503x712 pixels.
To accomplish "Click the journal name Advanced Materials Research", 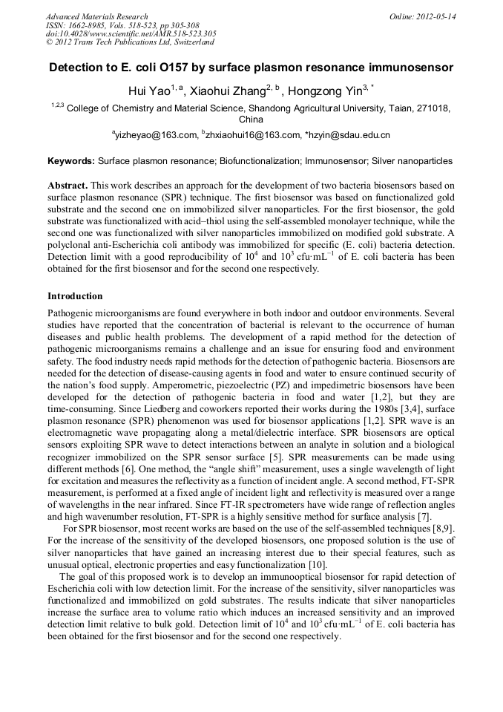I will point(96,16).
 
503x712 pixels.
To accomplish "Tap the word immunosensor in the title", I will point(408,68).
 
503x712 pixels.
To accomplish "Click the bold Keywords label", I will point(70,160).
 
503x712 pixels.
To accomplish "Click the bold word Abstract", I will point(68,184).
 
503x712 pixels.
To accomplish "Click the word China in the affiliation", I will point(251,119).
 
